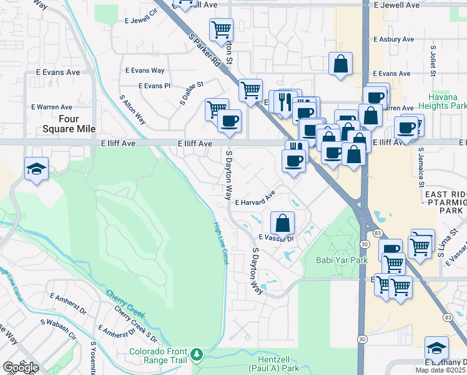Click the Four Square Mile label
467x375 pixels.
(x=77, y=124)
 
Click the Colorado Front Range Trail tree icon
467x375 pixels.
(x=197, y=355)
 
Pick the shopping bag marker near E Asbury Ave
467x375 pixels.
(x=340, y=63)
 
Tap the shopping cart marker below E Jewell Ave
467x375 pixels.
(x=221, y=29)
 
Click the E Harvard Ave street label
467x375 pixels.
(x=255, y=199)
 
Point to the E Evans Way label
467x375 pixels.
(x=145, y=71)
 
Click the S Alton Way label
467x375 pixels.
(x=132, y=109)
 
